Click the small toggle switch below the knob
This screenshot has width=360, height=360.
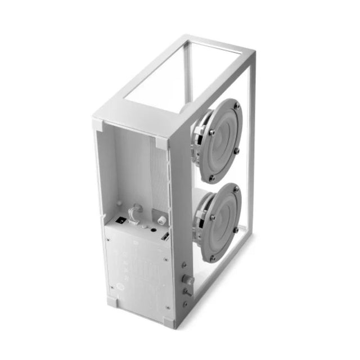[186, 292]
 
